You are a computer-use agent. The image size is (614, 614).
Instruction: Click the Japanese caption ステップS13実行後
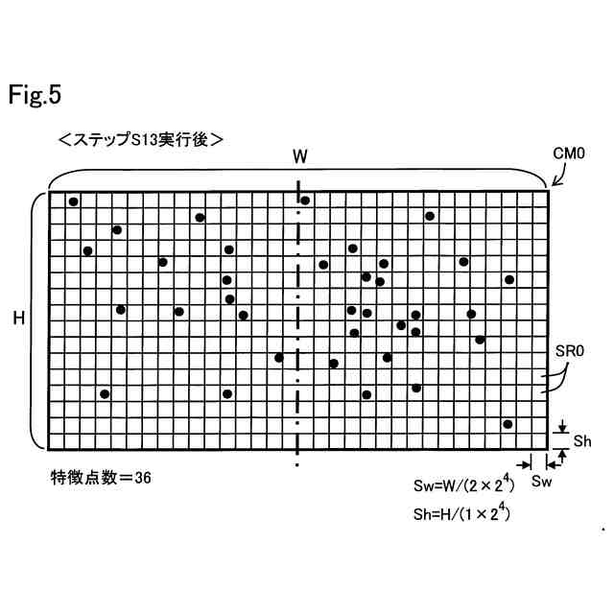pos(141,139)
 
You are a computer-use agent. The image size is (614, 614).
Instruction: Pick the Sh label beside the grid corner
pos(583,440)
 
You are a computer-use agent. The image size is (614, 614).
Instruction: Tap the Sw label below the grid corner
pos(542,479)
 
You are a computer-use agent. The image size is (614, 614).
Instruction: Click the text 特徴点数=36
pos(101,476)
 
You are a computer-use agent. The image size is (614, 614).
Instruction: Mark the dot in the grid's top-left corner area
pos(73,201)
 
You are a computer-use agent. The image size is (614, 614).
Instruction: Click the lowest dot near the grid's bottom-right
pos(508,424)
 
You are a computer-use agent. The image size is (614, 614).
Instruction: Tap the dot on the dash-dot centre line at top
pos(305,200)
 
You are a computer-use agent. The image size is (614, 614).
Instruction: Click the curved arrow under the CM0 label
pos(557,174)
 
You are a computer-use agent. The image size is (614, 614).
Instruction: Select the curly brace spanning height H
pos(36,319)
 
